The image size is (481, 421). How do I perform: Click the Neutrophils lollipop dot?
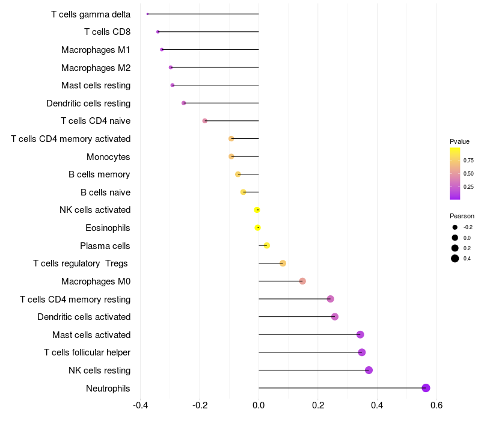coord(426,388)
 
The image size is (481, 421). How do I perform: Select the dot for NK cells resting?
coord(369,370)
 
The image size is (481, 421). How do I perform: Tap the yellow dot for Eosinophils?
coord(257,228)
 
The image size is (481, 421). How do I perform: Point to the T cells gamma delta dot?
coord(147,14)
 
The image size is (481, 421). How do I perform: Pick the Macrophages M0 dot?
coord(302,281)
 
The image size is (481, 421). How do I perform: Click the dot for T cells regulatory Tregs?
coord(283,263)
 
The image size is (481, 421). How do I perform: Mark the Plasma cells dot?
coord(266,245)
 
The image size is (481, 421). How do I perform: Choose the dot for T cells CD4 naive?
coord(205,121)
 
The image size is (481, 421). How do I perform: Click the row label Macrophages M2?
coord(96,68)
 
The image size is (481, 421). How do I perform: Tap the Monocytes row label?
coord(108,157)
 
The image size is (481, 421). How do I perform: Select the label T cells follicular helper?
coord(87,352)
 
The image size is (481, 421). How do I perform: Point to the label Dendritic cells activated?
coord(84,317)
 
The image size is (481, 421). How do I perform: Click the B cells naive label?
coord(105,192)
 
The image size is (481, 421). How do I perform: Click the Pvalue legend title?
coord(459,141)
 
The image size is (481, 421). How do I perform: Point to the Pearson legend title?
coord(462,216)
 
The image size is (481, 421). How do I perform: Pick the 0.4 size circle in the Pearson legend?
coord(455,259)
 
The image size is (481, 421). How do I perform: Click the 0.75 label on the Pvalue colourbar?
coord(468,161)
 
